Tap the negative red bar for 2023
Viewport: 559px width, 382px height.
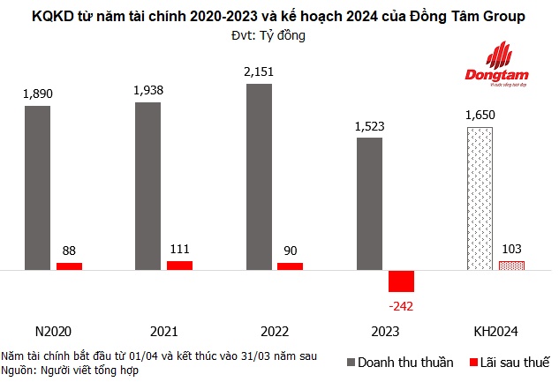click(x=401, y=281)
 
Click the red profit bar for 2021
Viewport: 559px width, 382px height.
click(x=179, y=265)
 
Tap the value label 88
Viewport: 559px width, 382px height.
click(x=69, y=250)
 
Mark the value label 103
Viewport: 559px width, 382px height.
click(x=510, y=247)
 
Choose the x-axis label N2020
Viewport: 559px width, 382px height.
click(x=53, y=333)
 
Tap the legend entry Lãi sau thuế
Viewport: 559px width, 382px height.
click(x=510, y=362)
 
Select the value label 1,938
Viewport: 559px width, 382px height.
click(x=148, y=89)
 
